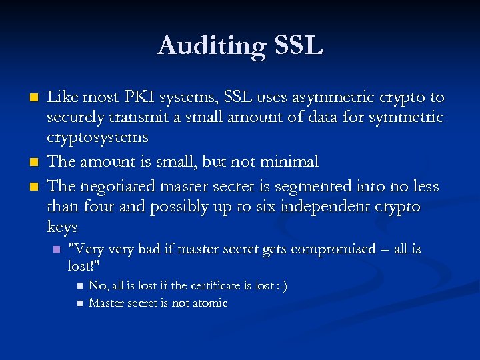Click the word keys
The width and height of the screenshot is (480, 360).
62,227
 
